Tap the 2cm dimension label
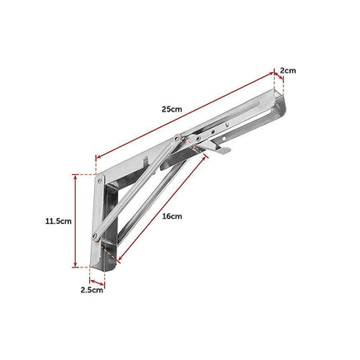287,71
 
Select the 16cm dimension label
172,216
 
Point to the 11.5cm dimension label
59,220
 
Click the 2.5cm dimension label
92,290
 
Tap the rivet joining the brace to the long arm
180,139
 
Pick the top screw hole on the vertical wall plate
101,178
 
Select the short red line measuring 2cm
278,80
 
